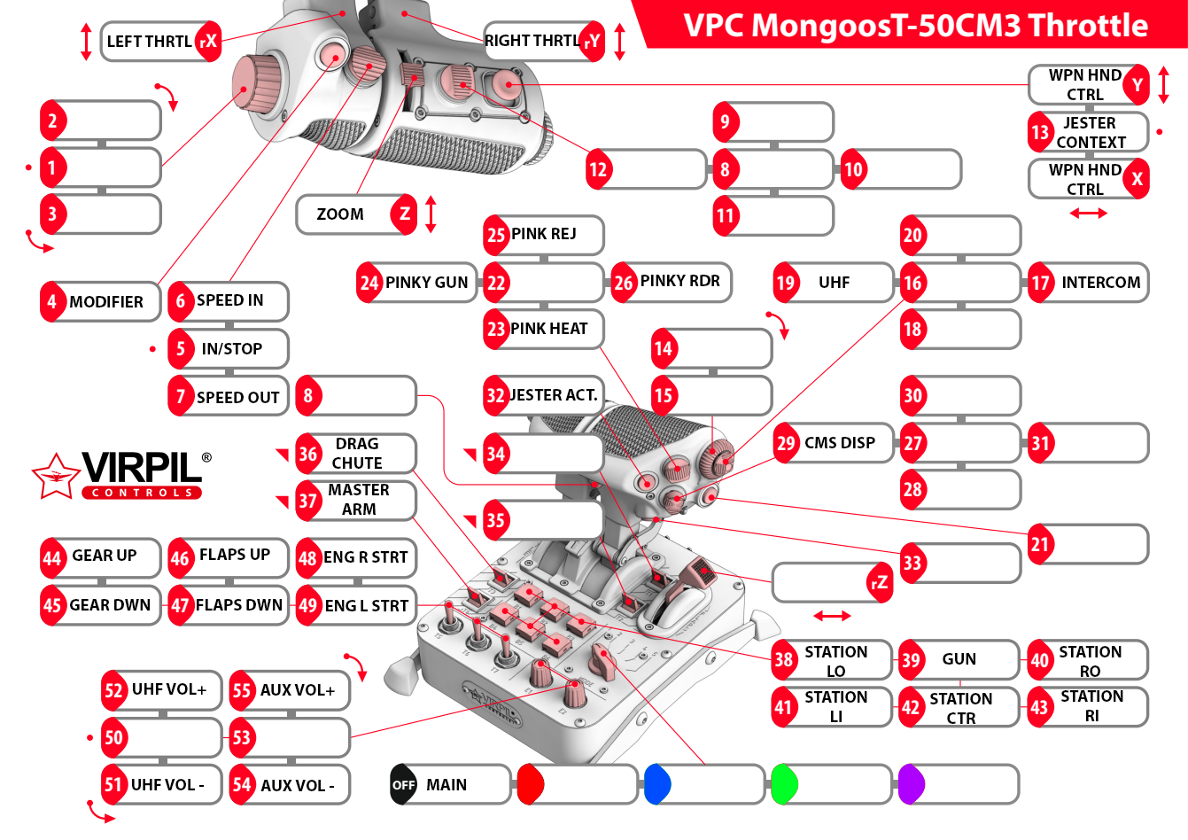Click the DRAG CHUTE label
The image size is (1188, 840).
[x=356, y=454]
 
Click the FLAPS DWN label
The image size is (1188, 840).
[x=229, y=605]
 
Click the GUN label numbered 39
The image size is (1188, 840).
[x=959, y=659]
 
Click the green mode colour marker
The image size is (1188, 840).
[x=784, y=785]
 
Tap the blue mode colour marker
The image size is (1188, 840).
[x=656, y=785]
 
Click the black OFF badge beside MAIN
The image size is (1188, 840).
[x=403, y=785]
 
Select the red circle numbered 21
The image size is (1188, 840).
[x=1040, y=545]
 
